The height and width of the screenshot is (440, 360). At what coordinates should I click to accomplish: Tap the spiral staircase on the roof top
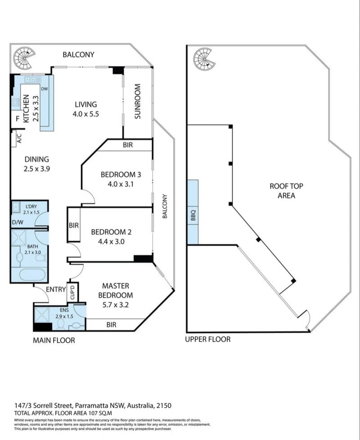(204, 59)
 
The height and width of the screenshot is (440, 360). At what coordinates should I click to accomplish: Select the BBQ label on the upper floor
(193, 216)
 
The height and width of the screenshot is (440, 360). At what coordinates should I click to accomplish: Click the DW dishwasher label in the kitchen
(45, 89)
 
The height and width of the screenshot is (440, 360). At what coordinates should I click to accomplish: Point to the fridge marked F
(18, 119)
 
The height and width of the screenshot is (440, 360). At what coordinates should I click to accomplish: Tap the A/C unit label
(19, 138)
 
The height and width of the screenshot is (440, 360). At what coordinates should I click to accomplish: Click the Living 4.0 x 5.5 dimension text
(86, 114)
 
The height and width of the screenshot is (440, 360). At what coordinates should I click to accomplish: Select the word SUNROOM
(137, 101)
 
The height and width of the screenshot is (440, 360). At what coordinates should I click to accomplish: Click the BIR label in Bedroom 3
(128, 145)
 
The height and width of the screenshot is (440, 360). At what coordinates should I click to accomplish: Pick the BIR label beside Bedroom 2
(74, 225)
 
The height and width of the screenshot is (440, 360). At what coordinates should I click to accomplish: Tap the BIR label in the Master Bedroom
(112, 325)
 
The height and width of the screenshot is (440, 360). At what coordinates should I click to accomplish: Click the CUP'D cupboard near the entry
(72, 292)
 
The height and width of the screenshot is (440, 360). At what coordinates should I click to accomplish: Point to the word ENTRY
(56, 289)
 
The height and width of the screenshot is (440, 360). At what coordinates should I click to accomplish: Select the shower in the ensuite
(41, 315)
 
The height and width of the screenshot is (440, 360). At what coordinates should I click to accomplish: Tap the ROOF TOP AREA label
(286, 191)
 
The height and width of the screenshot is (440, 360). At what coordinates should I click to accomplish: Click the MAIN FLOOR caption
(54, 341)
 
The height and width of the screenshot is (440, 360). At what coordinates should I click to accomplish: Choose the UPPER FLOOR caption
(208, 339)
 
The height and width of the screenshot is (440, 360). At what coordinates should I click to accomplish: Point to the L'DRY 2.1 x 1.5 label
(31, 209)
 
